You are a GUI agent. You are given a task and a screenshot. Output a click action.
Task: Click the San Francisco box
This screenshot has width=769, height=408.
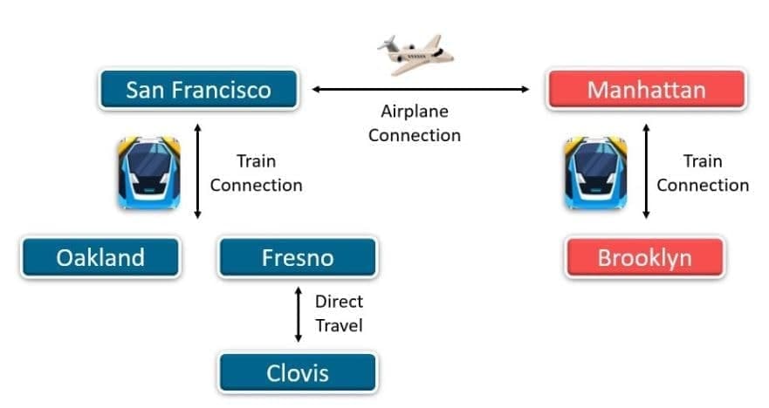(198, 90)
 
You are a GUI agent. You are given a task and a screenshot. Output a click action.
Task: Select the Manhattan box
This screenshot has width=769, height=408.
(646, 90)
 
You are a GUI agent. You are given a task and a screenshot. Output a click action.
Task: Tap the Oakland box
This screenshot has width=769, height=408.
(100, 258)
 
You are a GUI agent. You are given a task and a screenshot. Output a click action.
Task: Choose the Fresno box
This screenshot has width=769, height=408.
(297, 258)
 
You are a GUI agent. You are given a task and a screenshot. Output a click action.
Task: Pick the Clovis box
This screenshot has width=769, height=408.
(297, 374)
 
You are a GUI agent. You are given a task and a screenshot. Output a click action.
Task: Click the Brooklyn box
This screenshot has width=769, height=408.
(644, 258)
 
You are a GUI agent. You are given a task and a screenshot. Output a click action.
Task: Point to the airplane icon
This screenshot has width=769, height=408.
(415, 54)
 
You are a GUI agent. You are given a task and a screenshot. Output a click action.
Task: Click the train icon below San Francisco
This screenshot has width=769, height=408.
(149, 173)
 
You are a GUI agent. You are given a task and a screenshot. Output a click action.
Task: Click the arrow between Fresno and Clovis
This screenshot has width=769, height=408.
(297, 315)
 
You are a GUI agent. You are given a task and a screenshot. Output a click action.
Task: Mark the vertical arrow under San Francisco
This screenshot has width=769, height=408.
(198, 171)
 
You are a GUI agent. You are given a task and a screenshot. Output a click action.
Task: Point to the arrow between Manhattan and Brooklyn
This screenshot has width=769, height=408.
(646, 171)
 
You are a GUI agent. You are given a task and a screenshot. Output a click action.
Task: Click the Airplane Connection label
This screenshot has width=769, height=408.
(414, 123)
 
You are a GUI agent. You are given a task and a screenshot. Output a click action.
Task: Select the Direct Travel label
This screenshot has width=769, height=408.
(339, 314)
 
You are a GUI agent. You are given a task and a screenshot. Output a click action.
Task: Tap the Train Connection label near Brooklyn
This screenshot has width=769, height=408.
(703, 173)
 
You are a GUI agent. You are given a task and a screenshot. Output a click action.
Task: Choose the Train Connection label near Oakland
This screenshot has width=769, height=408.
(256, 173)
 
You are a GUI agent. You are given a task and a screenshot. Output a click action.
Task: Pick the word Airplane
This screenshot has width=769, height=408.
(414, 112)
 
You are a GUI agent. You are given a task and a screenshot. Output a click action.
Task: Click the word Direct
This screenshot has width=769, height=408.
(339, 303)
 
